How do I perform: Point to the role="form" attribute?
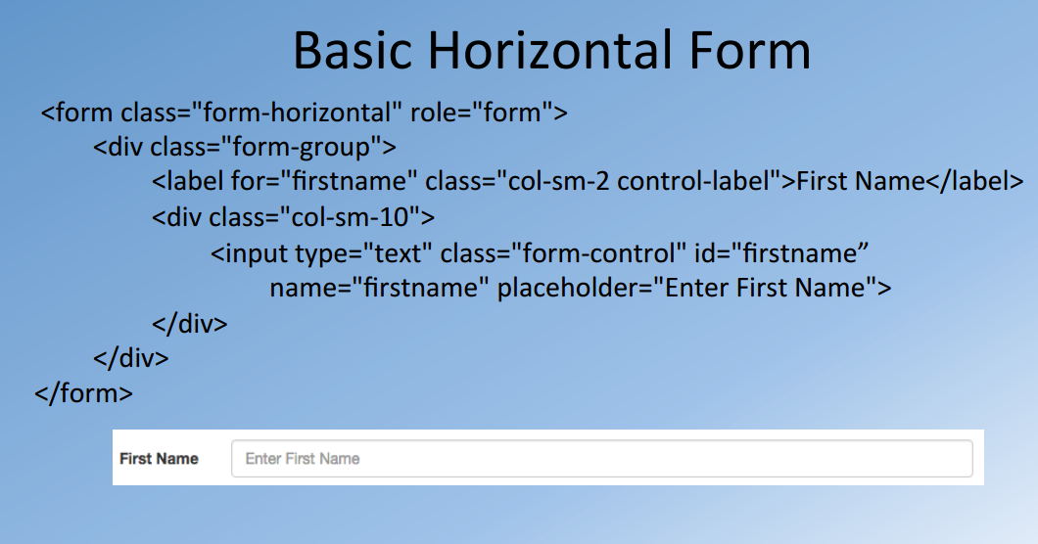(x=479, y=113)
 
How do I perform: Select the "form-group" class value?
(x=303, y=148)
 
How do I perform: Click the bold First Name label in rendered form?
(x=159, y=458)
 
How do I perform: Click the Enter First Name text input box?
(x=601, y=458)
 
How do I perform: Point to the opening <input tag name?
(x=250, y=253)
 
